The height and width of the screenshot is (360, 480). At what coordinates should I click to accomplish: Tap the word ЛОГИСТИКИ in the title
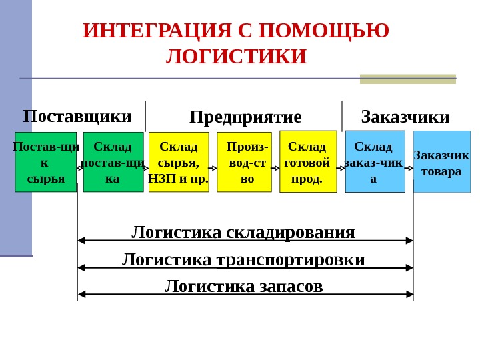coord(236,57)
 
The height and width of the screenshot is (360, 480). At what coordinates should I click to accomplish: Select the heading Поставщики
coord(77,117)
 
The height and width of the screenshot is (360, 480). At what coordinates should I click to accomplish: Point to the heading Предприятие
coord(245,117)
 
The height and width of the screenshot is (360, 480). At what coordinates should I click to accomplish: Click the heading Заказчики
coord(405,117)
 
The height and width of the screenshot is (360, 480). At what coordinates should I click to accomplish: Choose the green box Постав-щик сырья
coord(45,162)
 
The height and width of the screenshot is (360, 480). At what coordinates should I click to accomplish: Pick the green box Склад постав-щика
coord(113,162)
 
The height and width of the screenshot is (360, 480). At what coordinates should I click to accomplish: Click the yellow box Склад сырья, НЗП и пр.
coord(179,162)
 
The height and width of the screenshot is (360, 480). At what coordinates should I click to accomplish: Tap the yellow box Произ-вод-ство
coord(245,162)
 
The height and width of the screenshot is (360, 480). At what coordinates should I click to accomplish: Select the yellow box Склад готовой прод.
coord(308,161)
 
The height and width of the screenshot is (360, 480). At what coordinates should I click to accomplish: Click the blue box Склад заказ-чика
coord(375,162)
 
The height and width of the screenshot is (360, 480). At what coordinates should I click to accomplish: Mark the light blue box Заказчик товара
coord(442,162)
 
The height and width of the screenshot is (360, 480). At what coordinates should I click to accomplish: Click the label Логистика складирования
coord(243,232)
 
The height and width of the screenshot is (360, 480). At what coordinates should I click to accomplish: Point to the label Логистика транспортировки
coord(243,259)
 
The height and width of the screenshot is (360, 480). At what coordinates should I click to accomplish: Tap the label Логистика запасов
coord(243,287)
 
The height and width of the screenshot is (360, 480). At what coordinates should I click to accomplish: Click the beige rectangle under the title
coord(408,79)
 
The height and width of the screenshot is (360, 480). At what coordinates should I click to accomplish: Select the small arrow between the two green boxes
coord(80,169)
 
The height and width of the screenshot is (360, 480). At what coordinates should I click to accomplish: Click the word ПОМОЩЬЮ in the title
coord(323,31)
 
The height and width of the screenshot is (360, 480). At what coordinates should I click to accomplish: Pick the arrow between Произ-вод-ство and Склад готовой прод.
coord(275,169)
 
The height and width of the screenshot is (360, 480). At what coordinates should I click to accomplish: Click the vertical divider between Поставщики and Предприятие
coord(145,117)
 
